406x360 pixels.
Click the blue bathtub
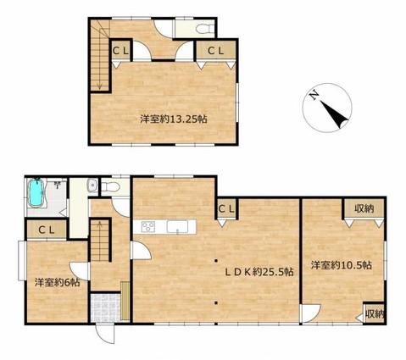point(36,193)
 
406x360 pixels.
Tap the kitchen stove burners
point(148,227)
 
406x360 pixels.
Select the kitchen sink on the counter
point(177,227)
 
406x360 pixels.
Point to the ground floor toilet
point(111,186)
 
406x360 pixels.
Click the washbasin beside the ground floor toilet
point(92,186)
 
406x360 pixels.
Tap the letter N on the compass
point(314,96)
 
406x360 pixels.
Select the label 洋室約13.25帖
point(174,119)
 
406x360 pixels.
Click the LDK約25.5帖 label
point(259,272)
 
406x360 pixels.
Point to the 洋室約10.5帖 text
point(341,265)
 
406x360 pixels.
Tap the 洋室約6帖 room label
point(57,282)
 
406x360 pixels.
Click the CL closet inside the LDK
point(227,209)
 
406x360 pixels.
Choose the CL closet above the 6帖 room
point(47,230)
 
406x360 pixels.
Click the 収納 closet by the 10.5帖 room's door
point(374,313)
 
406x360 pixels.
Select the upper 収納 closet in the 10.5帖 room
point(364,208)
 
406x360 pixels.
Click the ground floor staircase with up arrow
point(100,241)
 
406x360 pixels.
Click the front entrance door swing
point(105,333)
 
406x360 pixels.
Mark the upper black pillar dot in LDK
point(216,260)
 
